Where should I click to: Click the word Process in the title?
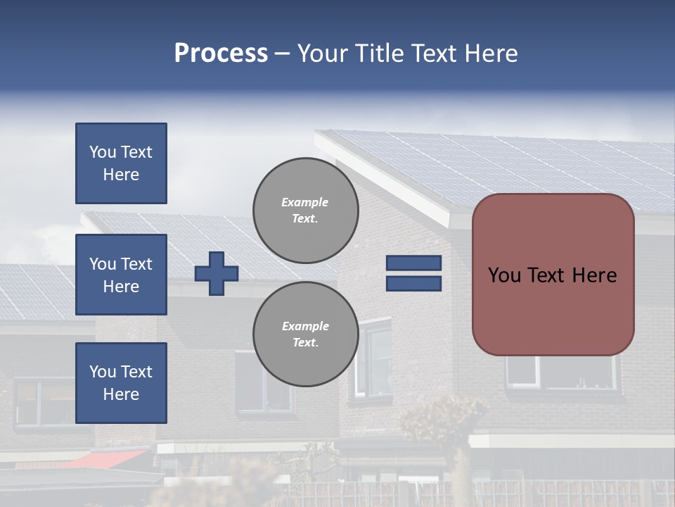click(221, 54)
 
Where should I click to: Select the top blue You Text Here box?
click(121, 163)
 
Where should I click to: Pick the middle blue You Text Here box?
click(121, 275)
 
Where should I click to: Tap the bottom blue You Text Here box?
click(121, 383)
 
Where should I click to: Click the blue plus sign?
click(217, 273)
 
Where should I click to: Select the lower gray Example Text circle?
click(305, 334)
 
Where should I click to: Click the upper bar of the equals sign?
click(413, 263)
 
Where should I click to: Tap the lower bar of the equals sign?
click(413, 283)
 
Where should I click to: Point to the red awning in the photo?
click(105, 458)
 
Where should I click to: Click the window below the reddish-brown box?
click(560, 372)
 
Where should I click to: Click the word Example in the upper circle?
click(305, 202)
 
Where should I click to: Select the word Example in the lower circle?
click(305, 326)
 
